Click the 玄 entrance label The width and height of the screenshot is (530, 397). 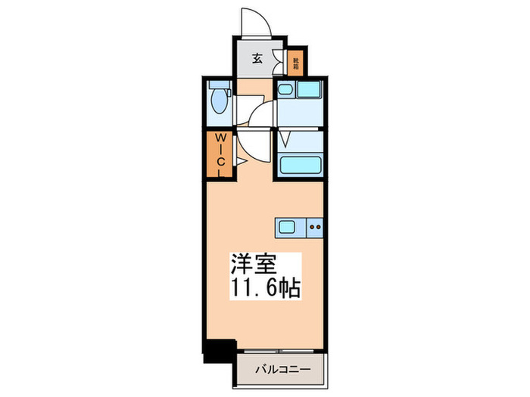click(x=257, y=59)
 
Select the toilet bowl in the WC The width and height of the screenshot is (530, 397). click(x=220, y=103)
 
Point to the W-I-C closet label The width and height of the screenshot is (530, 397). click(x=219, y=154)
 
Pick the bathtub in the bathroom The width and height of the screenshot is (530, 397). click(x=300, y=165)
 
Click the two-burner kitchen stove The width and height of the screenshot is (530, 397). click(x=315, y=225)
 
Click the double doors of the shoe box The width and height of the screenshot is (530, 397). click(x=277, y=63)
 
